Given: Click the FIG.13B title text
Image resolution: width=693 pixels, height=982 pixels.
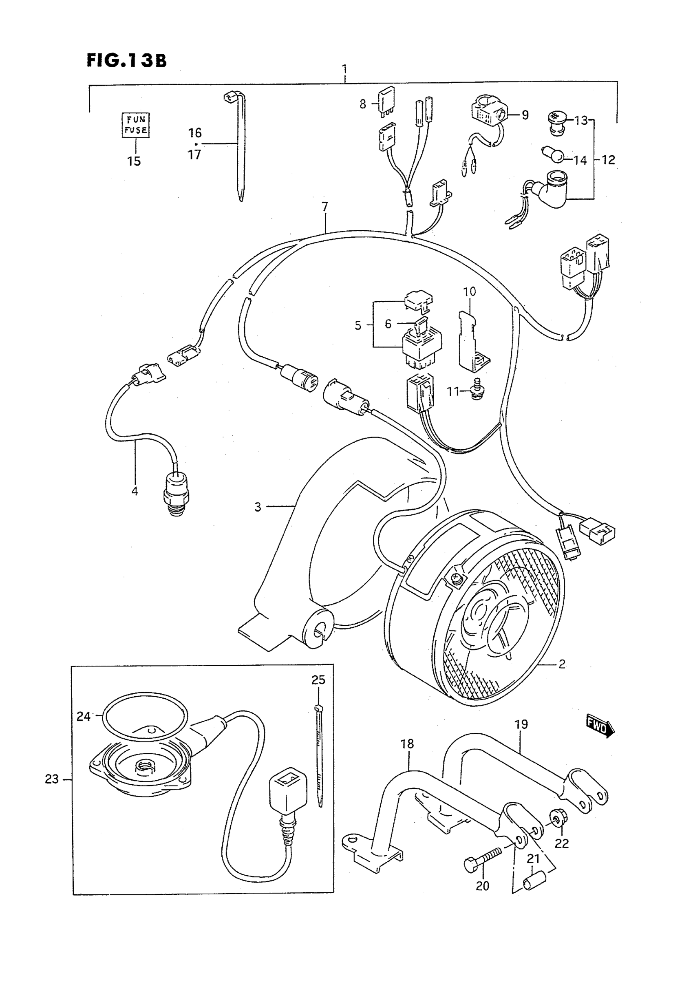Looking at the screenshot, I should coord(127,61).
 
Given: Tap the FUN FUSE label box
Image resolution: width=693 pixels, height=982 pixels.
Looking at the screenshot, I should coord(136,124).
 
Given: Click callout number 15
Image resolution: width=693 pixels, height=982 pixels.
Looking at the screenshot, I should coord(134,161).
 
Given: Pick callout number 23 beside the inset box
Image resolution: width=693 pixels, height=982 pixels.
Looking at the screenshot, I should coord(52,779).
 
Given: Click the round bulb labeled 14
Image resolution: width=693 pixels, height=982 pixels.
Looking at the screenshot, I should coord(557,158).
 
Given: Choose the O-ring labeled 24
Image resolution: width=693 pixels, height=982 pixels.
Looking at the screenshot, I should coord(146,715).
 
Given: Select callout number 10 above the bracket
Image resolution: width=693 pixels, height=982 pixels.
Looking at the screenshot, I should coord(469,292).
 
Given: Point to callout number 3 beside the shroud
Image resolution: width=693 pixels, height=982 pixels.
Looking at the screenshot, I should coord(258,507).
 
